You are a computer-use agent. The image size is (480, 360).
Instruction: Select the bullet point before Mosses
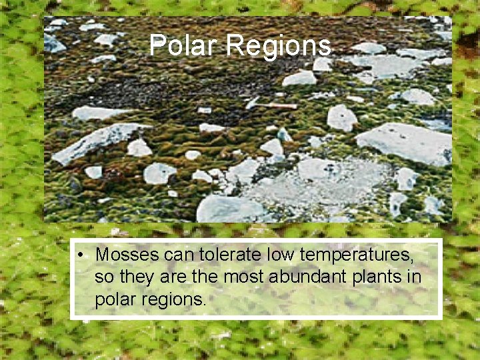(79, 255)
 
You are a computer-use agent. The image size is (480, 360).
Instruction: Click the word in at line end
(415, 277)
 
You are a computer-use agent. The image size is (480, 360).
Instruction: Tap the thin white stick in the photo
(273, 105)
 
